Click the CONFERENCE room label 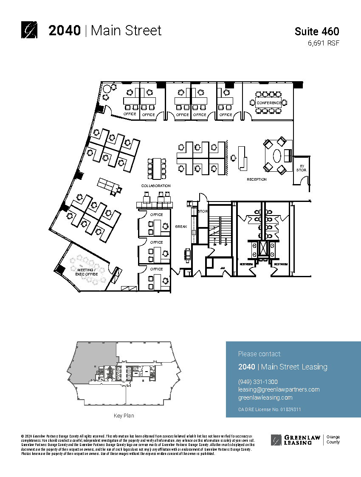tap(268, 103)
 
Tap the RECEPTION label tap(257, 179)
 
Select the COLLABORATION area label tap(156, 186)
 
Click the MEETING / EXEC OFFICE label tap(87, 272)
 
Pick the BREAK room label tap(181, 227)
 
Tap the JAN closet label tap(222, 268)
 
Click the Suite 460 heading tap(317, 31)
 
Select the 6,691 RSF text tap(324, 43)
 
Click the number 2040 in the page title tap(65, 31)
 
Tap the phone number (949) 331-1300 tap(258, 382)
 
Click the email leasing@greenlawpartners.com tap(279, 389)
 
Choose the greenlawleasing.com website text tap(265, 397)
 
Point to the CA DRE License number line tap(270, 409)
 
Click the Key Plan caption tap(124, 415)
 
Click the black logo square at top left tap(29, 30)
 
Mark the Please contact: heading tap(259, 354)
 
